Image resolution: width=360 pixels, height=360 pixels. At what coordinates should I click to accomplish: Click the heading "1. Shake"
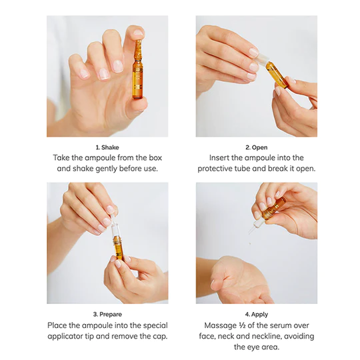(x=107, y=147)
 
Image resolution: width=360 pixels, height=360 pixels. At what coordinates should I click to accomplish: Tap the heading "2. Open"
(x=257, y=147)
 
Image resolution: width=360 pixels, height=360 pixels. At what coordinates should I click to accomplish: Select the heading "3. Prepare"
(x=107, y=314)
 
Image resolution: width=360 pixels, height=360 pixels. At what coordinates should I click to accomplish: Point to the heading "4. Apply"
(x=257, y=314)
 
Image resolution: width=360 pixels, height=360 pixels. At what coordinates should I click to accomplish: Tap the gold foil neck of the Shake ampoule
(x=138, y=50)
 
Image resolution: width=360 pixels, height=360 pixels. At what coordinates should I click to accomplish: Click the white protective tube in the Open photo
(x=261, y=58)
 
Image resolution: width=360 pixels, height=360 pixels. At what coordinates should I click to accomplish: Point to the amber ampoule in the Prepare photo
(x=118, y=249)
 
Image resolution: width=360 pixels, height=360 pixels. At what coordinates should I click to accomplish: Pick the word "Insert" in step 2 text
(x=219, y=158)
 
